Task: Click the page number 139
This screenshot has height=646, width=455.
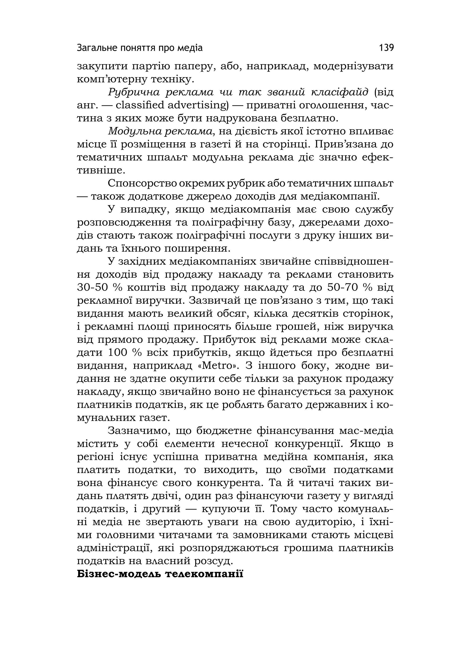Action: point(386,48)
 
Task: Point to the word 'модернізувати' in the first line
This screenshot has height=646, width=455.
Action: point(353,66)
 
